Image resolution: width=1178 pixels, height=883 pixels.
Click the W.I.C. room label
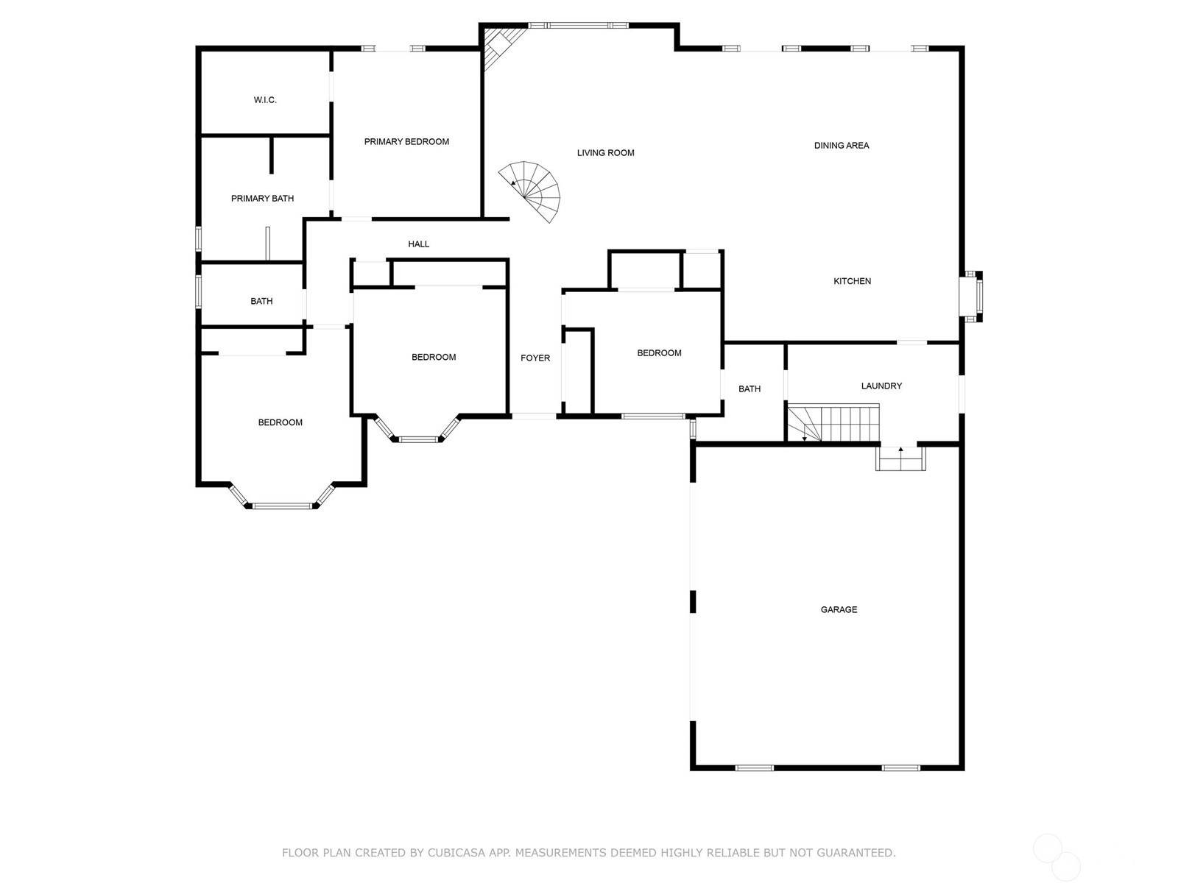(265, 100)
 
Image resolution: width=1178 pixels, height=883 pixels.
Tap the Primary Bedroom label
(406, 141)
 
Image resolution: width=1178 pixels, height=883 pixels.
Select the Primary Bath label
(262, 199)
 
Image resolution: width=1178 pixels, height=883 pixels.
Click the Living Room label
(605, 153)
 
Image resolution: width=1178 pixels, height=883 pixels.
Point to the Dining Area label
(841, 145)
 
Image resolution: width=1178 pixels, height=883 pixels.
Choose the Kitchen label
(852, 281)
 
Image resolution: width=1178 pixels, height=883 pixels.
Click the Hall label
(419, 244)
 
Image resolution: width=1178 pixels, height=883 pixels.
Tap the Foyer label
(535, 358)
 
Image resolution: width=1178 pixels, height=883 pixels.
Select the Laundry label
(881, 386)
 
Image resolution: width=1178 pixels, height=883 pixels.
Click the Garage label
(839, 609)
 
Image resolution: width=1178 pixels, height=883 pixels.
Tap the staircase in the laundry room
(833, 422)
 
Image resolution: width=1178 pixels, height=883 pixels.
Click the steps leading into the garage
(900, 458)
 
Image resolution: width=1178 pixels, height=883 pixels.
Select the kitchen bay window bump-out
(971, 297)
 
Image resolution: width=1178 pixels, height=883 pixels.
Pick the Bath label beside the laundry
(750, 389)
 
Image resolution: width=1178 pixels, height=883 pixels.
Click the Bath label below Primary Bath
(261, 301)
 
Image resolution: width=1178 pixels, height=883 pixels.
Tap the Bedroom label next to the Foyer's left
(434, 357)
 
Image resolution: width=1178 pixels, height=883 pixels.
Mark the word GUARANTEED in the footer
(856, 852)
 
